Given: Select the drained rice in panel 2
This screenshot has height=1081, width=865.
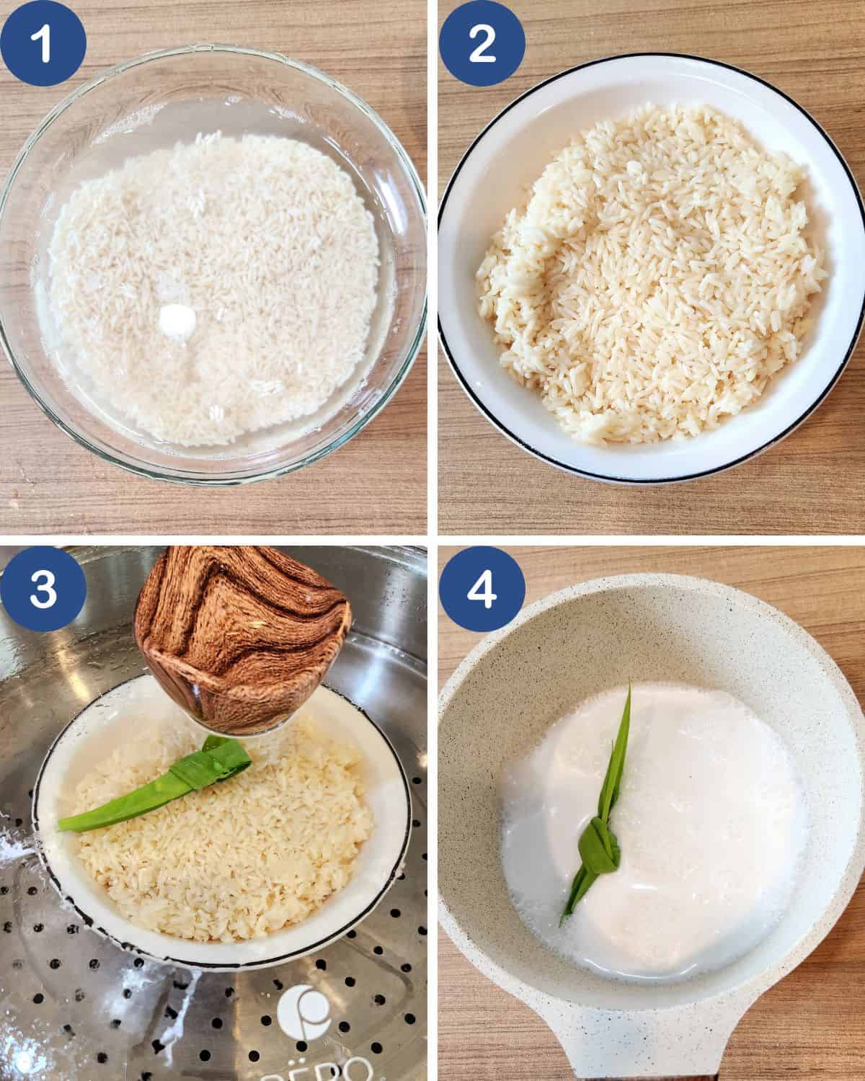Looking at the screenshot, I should tap(649, 281).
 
